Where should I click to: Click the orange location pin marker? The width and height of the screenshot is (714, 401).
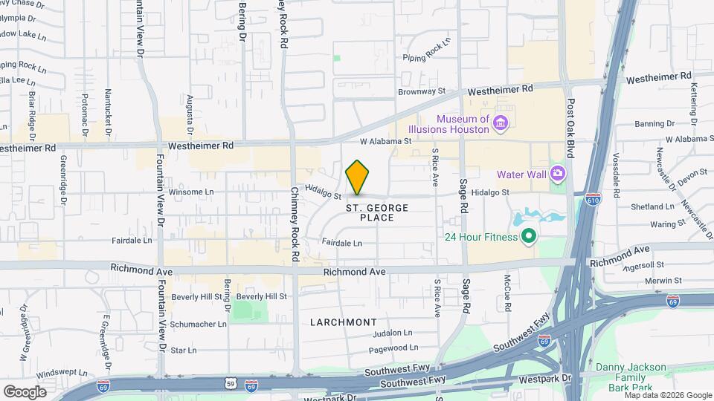(x=358, y=177)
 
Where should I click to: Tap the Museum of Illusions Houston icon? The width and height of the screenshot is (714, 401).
(x=501, y=123)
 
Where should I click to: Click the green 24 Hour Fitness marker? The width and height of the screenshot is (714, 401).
(x=529, y=238)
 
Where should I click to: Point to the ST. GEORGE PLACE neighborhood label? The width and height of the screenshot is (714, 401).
(x=377, y=212)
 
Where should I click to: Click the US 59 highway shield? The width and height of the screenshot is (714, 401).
(x=230, y=382)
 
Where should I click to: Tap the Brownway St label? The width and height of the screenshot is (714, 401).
(x=421, y=91)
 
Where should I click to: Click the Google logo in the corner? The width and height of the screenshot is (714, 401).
(x=25, y=391)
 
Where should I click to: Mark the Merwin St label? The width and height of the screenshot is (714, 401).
(x=666, y=281)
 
